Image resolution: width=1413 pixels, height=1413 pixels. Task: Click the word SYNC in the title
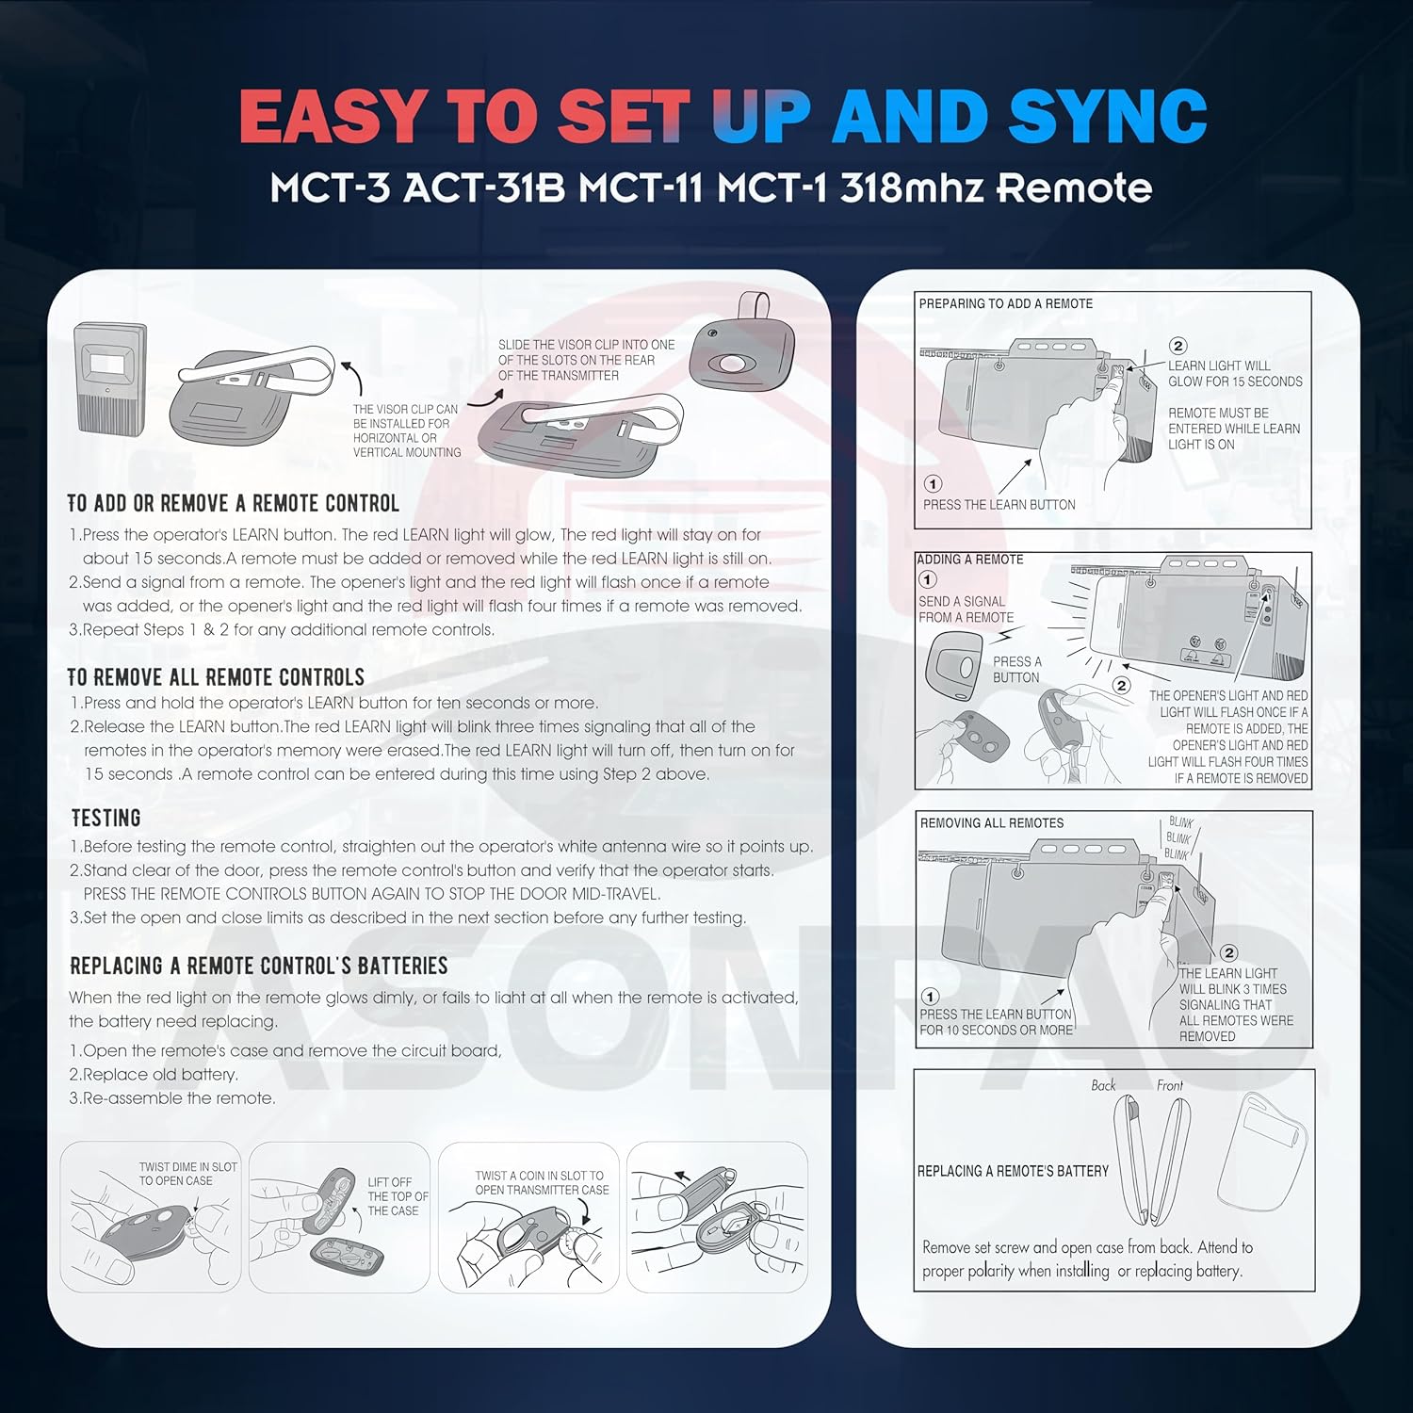[1108, 116]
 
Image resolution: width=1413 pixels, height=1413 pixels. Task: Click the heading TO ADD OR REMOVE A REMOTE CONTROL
[233, 503]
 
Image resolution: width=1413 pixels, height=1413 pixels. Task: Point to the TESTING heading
[106, 818]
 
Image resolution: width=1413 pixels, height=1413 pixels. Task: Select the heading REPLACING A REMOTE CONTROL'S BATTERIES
[259, 966]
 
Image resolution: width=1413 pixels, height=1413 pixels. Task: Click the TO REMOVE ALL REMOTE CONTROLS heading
[216, 677]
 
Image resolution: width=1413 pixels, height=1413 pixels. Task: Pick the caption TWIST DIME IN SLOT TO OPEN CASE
[187, 1174]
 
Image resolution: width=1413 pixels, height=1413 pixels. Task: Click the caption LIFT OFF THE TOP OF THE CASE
[397, 1196]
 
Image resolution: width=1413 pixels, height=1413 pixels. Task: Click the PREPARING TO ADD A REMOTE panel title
[1005, 303]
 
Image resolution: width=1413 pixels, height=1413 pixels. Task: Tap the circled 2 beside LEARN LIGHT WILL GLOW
[1177, 346]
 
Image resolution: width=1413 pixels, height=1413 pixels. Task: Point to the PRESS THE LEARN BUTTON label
[999, 505]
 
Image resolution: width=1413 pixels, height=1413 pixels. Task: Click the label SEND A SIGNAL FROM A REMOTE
[966, 609]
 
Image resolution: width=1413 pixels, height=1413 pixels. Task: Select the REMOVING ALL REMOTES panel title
[991, 822]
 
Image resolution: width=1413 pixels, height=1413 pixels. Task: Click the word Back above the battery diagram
[1103, 1085]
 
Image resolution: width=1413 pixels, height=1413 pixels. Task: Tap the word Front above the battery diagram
[1169, 1085]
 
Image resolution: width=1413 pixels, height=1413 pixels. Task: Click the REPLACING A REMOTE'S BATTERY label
[1013, 1171]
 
